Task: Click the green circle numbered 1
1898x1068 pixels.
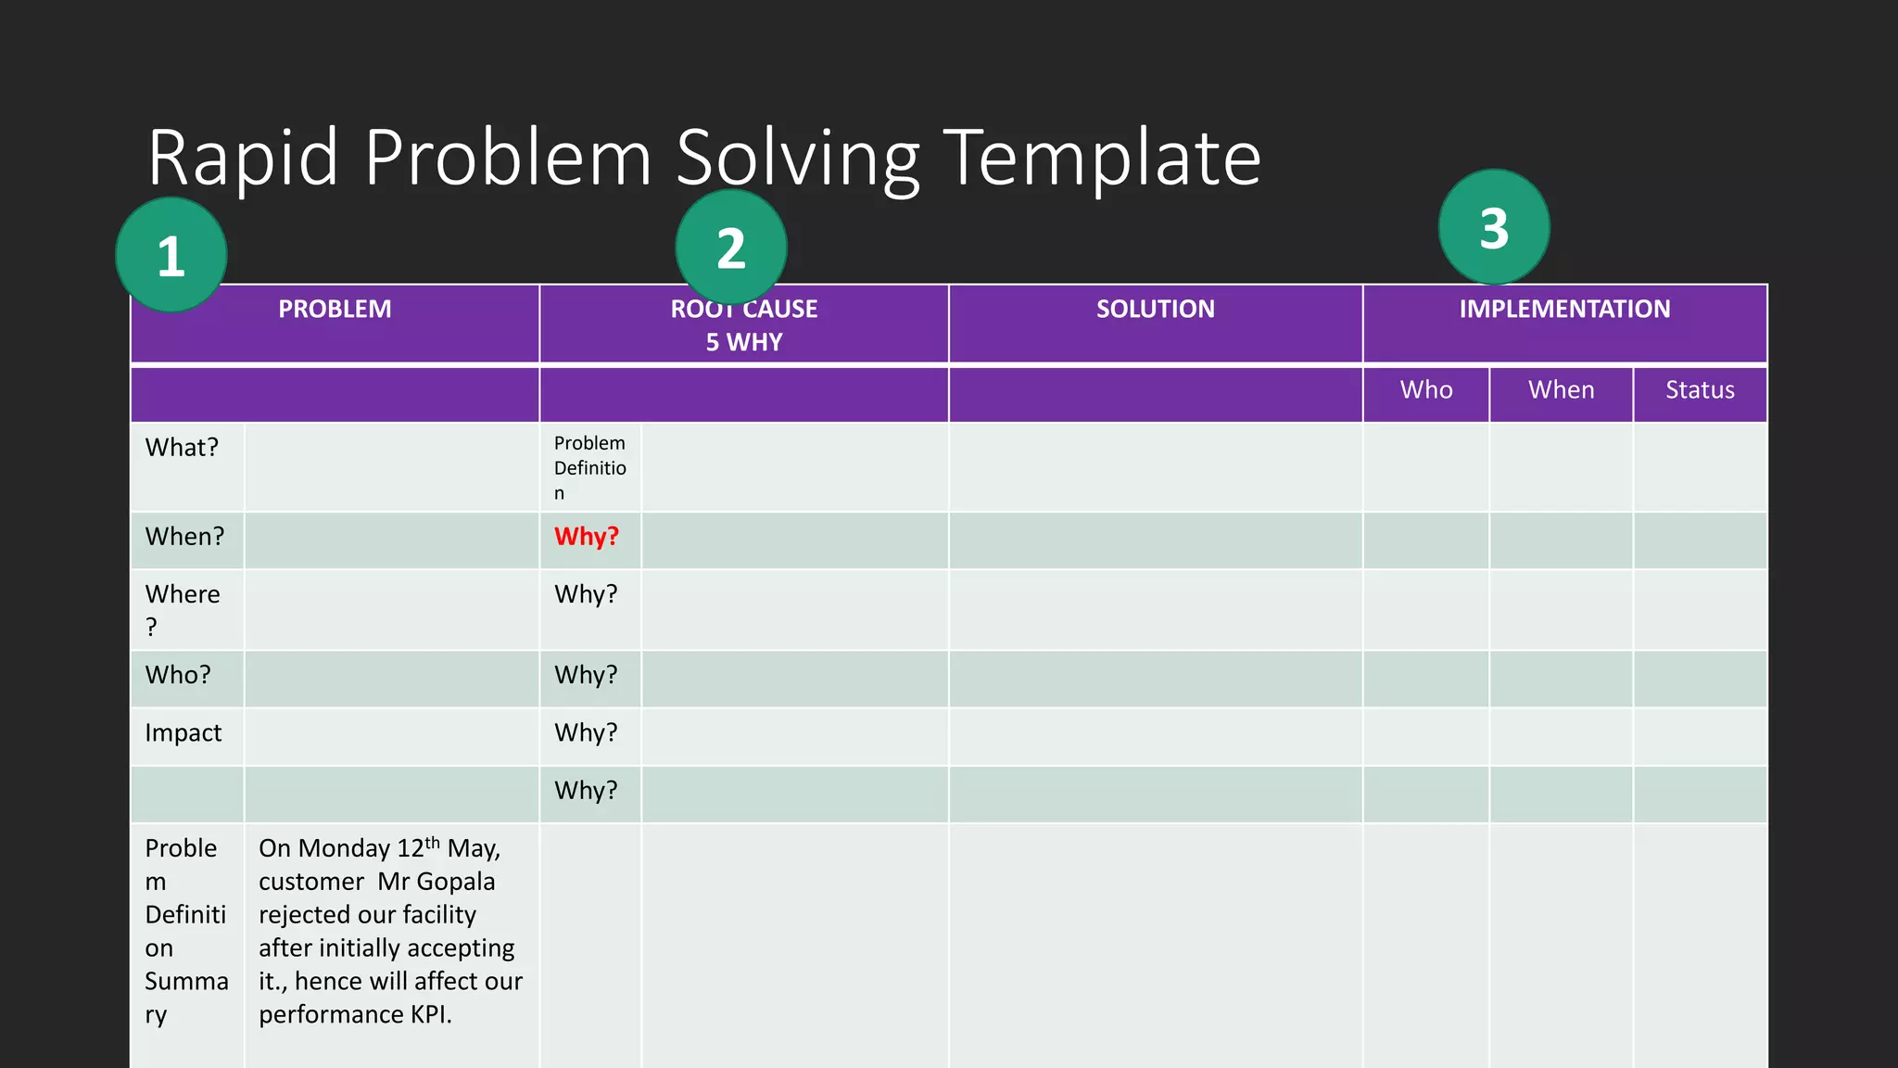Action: [171, 255]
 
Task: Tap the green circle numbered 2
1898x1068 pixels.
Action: [731, 248]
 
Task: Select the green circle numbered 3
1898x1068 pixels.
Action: [1494, 227]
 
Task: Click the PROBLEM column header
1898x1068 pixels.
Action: [335, 309]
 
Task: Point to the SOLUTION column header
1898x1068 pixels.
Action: [1155, 309]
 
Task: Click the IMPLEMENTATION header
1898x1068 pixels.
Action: [1564, 309]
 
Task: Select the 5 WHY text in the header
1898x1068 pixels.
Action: [744, 342]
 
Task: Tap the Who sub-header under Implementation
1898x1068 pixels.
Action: [1426, 389]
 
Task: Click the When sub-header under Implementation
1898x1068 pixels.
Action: [1561, 389]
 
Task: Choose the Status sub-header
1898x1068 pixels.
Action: [1700, 389]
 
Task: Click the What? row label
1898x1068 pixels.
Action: [182, 448]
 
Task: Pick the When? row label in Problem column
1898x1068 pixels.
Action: [184, 537]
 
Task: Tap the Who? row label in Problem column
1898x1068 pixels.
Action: [178, 675]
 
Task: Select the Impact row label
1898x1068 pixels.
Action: [183, 733]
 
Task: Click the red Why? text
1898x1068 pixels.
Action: [586, 537]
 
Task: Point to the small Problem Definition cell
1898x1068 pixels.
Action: [590, 467]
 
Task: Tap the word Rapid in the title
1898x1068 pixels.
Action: [243, 158]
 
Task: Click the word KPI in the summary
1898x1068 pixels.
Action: [430, 1015]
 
